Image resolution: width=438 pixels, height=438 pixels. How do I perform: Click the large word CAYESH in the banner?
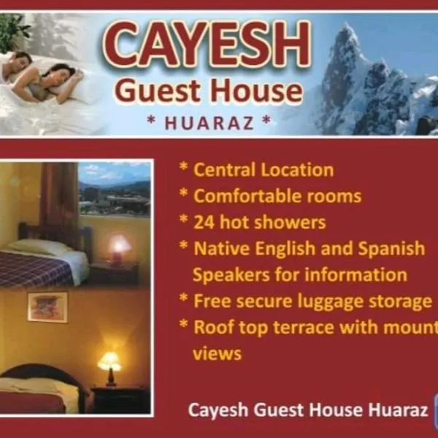[207, 45]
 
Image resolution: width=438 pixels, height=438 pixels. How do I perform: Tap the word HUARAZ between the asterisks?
[209, 122]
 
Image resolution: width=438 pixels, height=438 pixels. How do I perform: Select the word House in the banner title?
[255, 91]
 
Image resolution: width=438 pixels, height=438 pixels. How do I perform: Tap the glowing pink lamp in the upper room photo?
[119, 246]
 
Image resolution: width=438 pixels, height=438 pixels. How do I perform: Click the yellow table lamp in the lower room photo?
[109, 362]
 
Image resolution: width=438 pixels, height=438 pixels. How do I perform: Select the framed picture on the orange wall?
[47, 307]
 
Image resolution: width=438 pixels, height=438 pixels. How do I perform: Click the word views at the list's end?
[217, 353]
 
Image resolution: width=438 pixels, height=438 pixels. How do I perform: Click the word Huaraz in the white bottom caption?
[399, 410]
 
